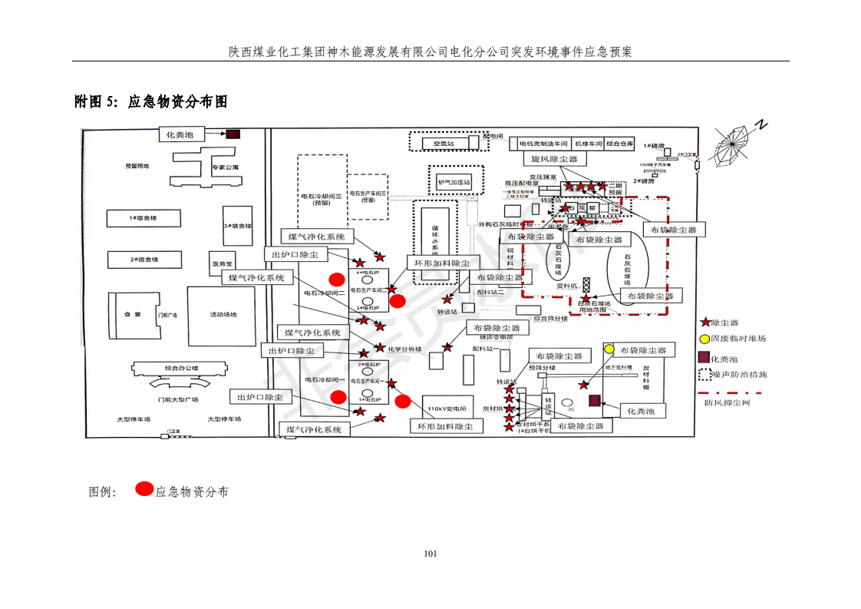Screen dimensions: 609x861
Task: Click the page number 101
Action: pos(430,554)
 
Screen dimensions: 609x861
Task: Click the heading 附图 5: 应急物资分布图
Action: pos(151,101)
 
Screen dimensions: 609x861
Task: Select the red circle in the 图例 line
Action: pos(143,488)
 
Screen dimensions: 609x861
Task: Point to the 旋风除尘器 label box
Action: pos(553,159)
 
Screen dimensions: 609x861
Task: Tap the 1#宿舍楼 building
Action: pos(143,218)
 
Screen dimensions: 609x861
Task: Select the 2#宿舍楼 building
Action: pos(143,260)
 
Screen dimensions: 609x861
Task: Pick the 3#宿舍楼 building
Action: pos(237,226)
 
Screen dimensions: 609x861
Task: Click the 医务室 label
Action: pos(223,263)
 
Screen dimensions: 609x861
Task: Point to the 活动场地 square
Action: pos(223,313)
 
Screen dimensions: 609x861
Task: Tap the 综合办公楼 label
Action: pos(181,369)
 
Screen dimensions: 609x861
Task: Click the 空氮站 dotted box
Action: pos(444,143)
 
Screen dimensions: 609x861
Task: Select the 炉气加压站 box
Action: pos(454,183)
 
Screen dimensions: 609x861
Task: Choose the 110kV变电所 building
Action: pos(447,409)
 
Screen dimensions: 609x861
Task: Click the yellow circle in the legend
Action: pos(704,339)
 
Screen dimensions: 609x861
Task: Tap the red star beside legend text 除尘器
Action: pos(704,323)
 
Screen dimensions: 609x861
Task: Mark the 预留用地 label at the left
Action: pos(137,167)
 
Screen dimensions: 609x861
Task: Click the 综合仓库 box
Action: pos(619,144)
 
